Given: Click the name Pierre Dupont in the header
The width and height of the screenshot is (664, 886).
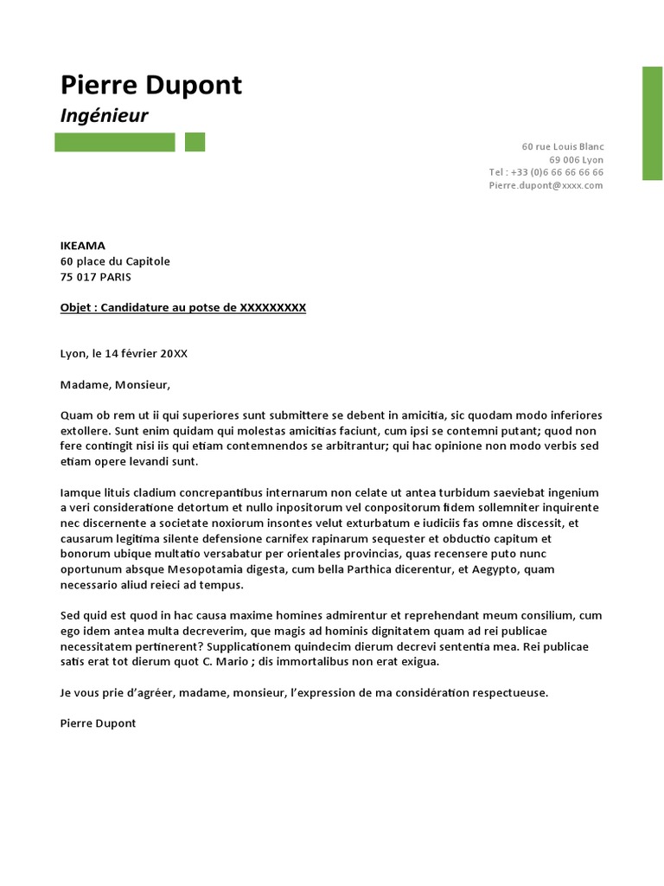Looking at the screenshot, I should pyautogui.click(x=151, y=86).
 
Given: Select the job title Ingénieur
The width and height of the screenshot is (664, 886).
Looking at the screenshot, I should pyautogui.click(x=104, y=116).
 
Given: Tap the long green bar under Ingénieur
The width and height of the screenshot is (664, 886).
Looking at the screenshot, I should pyautogui.click(x=114, y=142).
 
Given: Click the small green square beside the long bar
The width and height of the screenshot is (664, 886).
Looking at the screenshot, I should pyautogui.click(x=195, y=142).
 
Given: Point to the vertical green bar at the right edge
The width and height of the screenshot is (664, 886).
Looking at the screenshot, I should pyautogui.click(x=652, y=123).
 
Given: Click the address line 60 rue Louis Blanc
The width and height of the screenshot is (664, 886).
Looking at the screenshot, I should pyautogui.click(x=562, y=147).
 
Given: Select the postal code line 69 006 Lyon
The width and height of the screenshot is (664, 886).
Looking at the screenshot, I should pyautogui.click(x=576, y=160).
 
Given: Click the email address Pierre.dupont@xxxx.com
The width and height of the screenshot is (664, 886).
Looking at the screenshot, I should pyautogui.click(x=546, y=185).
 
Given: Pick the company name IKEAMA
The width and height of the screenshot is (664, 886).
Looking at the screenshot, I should pyautogui.click(x=83, y=246).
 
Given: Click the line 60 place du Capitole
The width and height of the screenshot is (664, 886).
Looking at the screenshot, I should pyautogui.click(x=115, y=261).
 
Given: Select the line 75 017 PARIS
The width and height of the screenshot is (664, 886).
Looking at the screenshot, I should pyautogui.click(x=96, y=277).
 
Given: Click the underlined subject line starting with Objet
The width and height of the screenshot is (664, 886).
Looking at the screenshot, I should pyautogui.click(x=183, y=308).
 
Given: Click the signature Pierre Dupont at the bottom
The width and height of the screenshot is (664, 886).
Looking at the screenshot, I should pyautogui.click(x=98, y=723).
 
